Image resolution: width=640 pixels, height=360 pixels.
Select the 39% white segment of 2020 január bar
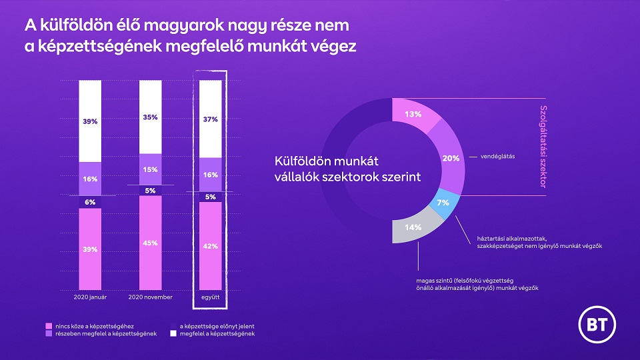pyautogui.click(x=90, y=121)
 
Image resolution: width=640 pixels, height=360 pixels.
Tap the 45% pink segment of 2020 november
pyautogui.click(x=150, y=243)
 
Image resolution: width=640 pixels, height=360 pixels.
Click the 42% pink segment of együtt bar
pyautogui.click(x=211, y=246)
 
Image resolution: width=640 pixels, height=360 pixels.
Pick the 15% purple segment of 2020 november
pyautogui.click(x=150, y=169)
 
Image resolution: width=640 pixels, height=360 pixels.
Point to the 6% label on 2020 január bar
pyautogui.click(x=90, y=202)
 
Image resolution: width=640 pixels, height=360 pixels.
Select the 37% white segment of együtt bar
pyautogui.click(x=211, y=119)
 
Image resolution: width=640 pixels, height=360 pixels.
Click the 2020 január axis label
pyautogui.click(x=90, y=297)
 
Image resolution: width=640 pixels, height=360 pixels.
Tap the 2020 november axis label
pyautogui.click(x=150, y=297)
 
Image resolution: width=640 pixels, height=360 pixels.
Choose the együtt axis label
pyautogui.click(x=211, y=297)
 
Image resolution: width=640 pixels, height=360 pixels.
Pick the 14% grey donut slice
pyautogui.click(x=413, y=228)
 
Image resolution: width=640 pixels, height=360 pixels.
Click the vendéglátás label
pyautogui.click(x=497, y=156)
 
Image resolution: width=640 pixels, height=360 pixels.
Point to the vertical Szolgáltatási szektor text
pyautogui.click(x=543, y=147)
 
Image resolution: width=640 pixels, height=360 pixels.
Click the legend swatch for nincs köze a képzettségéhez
pyautogui.click(x=49, y=327)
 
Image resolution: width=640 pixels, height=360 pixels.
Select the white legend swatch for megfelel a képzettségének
pyautogui.click(x=173, y=334)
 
